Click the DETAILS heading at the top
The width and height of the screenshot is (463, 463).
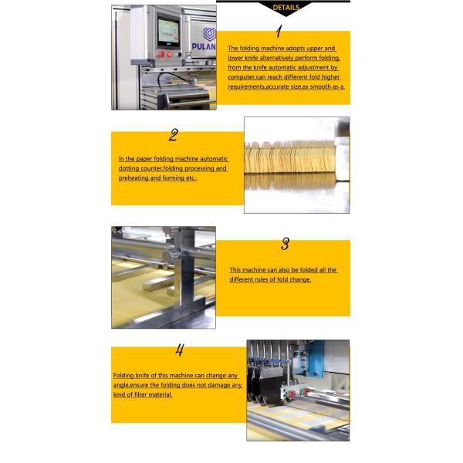click(x=286, y=8)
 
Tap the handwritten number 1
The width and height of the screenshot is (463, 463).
click(x=279, y=31)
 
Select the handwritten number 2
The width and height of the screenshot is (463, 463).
click(x=174, y=135)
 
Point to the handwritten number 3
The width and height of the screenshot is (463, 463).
click(x=285, y=244)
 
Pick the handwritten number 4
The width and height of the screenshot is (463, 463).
click(x=180, y=350)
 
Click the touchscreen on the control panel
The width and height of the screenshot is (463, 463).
click(x=167, y=32)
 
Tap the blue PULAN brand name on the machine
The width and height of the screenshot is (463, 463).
click(x=204, y=46)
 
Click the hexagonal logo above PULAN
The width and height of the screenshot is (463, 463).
click(x=209, y=34)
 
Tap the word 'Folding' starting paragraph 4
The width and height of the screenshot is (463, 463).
click(x=123, y=375)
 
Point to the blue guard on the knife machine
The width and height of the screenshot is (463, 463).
click(x=315, y=359)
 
